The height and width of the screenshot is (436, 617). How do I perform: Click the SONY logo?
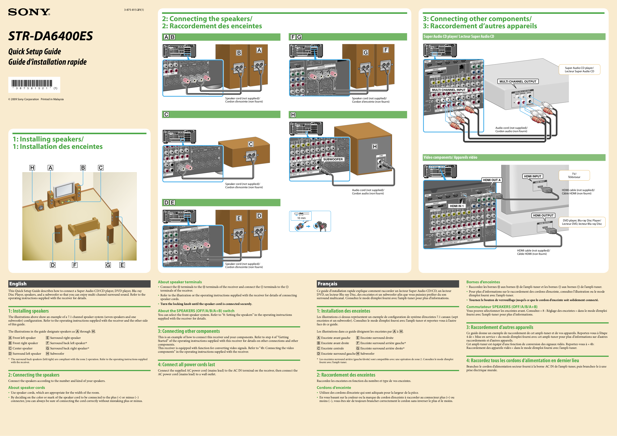tap(29, 12)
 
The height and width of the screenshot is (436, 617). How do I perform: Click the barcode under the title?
tap(32, 83)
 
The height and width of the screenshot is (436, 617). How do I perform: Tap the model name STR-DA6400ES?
tap(50, 36)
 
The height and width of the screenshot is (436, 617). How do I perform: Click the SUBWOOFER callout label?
tap(333, 159)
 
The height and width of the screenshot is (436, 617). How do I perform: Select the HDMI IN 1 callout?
tap(457, 206)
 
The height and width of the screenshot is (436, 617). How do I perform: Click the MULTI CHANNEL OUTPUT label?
tap(518, 81)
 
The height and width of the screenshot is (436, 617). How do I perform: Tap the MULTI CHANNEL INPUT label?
tap(449, 90)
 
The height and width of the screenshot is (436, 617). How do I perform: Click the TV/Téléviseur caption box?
tap(574, 175)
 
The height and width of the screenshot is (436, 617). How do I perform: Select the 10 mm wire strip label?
tap(301, 218)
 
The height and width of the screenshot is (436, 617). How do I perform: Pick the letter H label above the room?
tap(32, 168)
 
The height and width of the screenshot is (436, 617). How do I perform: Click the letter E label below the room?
tap(122, 265)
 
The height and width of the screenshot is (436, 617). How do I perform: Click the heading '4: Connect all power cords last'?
tap(186, 364)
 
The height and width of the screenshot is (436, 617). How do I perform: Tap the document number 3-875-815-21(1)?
tap(134, 10)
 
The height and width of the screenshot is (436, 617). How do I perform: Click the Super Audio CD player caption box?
tap(579, 70)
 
